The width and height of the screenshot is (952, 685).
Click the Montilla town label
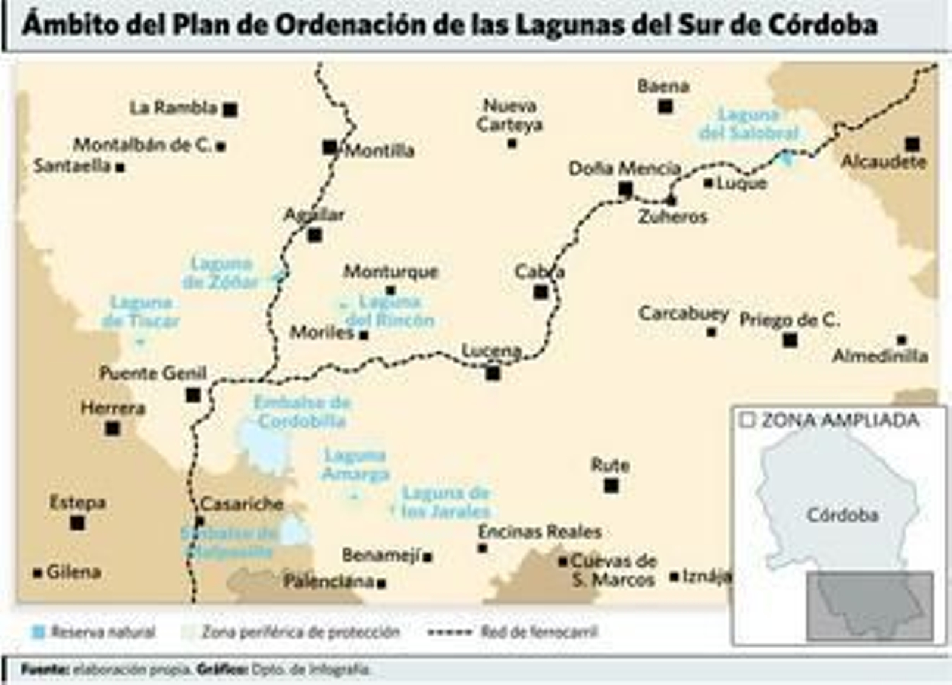[x=380, y=151]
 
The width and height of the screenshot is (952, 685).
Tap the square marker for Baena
[x=665, y=107]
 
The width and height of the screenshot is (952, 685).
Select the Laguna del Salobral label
[x=749, y=123]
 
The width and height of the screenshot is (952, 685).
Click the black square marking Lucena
[x=493, y=373]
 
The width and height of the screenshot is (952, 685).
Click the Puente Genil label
[x=153, y=373]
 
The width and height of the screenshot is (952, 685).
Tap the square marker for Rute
[x=611, y=486]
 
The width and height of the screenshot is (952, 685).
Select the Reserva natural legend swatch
[x=39, y=632]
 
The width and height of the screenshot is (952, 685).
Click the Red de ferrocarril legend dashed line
[x=450, y=632]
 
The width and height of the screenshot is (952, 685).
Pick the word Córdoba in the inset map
[x=842, y=515]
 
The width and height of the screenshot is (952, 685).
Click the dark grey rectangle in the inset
[x=869, y=605]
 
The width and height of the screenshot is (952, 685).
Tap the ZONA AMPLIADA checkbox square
[x=747, y=421]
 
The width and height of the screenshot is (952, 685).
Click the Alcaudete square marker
[x=912, y=144]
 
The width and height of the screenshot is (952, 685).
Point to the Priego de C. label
[x=789, y=320]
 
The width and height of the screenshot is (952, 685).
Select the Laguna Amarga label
[x=355, y=465]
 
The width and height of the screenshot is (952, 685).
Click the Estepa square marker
[x=77, y=523]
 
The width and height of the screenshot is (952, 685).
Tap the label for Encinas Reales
[x=540, y=531]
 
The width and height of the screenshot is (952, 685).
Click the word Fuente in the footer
[x=45, y=670]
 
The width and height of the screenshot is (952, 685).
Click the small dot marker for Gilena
[x=37, y=573]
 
